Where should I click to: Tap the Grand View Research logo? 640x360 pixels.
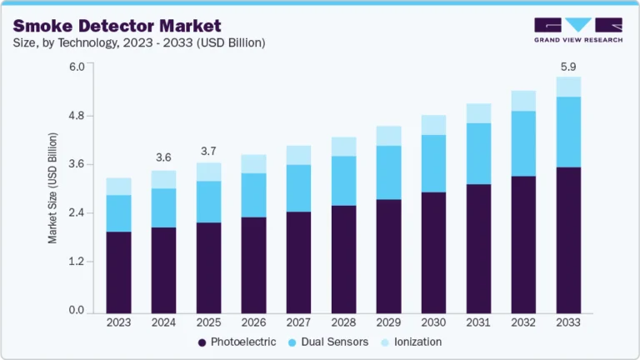(577, 30)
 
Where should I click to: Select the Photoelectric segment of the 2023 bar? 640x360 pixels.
(118, 272)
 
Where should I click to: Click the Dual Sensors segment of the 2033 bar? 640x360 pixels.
(568, 132)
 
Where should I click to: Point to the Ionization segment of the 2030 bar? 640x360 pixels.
(433, 125)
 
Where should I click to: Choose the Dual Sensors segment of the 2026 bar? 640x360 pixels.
(253, 195)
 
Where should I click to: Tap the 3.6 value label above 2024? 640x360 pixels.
(163, 157)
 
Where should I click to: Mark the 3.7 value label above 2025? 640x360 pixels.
(208, 151)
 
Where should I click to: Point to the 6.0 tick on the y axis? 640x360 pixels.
(77, 67)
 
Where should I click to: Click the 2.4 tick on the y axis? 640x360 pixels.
(77, 213)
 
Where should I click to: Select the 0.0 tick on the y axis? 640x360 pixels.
(77, 311)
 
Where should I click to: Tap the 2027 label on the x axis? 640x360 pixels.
(298, 322)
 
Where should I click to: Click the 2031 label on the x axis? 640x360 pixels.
(478, 322)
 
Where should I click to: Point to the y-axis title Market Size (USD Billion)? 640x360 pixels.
(52, 187)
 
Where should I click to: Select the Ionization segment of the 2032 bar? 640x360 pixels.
(523, 101)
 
